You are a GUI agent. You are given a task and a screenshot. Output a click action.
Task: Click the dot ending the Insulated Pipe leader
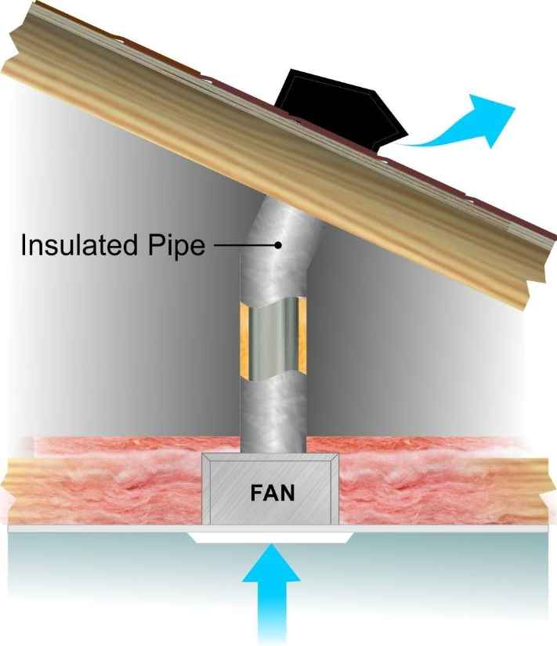[x=278, y=245]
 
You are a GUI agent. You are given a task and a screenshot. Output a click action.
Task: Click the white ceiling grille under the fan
[x=271, y=538]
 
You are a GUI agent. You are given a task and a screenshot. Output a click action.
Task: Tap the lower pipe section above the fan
[x=272, y=415]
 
